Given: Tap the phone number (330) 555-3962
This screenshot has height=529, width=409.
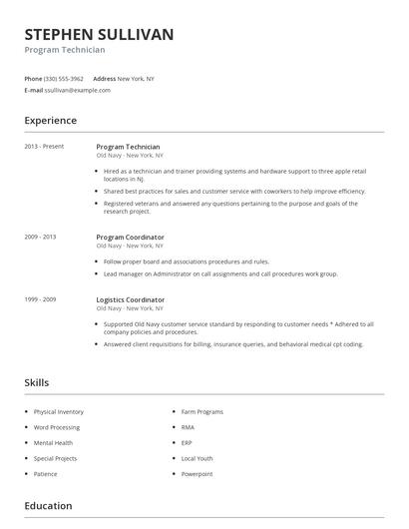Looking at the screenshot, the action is pos(64,78).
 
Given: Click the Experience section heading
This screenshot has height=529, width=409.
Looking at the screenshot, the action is pos(50,121).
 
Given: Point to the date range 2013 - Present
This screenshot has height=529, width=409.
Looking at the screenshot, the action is pos(44,147).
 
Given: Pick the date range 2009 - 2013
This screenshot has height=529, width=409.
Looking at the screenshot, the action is pos(40,238).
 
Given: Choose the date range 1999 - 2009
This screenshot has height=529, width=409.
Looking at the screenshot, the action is pos(40,299).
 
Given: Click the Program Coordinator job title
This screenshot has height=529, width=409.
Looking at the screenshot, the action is pos(130,238).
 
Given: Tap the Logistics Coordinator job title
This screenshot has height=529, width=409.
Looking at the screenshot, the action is pos(131,299).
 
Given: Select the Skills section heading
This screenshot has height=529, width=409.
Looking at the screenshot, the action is pos(37,382).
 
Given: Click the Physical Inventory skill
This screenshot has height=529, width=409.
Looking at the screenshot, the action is pos(58,411).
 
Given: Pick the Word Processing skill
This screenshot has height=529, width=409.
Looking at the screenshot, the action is pos(56,427).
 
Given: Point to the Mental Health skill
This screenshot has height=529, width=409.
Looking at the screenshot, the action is pos(53,442).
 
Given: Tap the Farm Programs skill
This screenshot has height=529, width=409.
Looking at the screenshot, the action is pos(203,411).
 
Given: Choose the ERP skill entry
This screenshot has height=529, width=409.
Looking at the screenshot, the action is pos(187,442).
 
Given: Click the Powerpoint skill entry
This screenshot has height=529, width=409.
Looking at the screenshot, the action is pos(197,474).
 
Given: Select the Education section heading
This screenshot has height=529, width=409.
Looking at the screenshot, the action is pos(48,506).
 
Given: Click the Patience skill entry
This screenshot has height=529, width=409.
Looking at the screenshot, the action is pos(46,474).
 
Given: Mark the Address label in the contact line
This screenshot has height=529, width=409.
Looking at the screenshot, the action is pos(104,78).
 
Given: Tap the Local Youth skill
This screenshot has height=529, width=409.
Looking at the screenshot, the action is pos(198,458).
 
